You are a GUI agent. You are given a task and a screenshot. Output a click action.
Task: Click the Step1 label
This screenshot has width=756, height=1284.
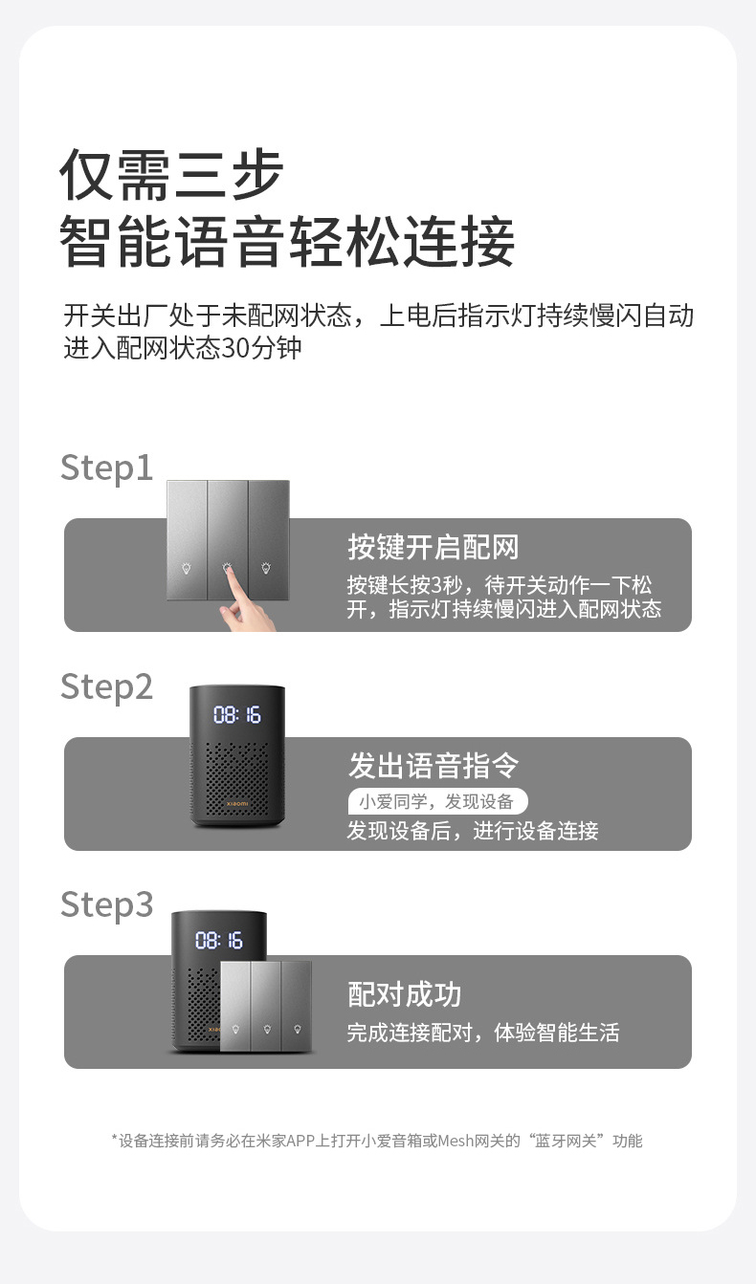tap(106, 468)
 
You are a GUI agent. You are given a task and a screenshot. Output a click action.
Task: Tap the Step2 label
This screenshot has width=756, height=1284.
tap(106, 687)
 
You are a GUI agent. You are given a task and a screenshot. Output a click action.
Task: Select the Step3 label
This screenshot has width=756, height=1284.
tap(106, 905)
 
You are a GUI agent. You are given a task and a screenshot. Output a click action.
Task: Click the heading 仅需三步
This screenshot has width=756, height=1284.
tap(171, 175)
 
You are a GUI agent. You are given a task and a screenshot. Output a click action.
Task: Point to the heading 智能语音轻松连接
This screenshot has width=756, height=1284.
tap(287, 241)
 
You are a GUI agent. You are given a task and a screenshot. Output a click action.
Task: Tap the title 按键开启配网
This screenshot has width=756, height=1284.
tap(434, 547)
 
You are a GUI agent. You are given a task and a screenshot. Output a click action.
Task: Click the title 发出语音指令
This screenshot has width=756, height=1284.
tap(434, 765)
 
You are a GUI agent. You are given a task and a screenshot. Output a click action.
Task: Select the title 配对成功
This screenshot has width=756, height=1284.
tap(405, 994)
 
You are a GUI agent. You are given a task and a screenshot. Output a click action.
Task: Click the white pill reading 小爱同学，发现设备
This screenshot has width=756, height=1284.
tap(437, 801)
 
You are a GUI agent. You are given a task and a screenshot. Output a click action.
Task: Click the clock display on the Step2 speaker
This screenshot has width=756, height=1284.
tap(237, 715)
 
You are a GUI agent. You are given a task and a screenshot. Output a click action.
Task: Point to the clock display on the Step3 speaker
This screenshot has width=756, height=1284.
tap(218, 940)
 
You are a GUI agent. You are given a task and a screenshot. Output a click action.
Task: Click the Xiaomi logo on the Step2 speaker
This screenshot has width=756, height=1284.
tap(237, 804)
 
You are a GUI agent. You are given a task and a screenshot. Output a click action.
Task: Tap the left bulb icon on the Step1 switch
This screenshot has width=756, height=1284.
tap(187, 568)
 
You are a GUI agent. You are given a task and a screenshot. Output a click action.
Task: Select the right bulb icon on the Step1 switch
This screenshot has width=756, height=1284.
tap(266, 568)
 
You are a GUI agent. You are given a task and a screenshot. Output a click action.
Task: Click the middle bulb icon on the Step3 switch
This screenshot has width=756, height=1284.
tap(267, 1029)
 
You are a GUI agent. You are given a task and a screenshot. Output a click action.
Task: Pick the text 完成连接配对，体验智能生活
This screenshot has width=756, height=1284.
tap(483, 1033)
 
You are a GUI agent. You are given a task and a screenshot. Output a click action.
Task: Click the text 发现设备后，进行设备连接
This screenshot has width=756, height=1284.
tap(473, 831)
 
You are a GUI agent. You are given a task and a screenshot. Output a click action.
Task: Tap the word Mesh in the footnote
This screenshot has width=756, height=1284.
tap(455, 1142)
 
